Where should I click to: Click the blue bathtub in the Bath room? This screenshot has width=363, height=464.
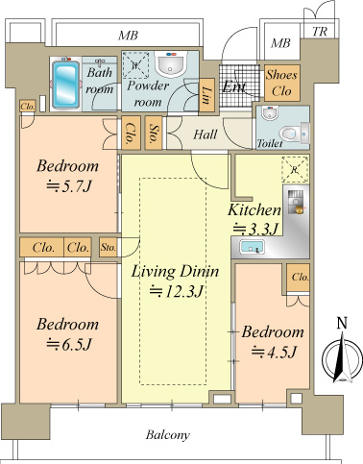click(65, 85)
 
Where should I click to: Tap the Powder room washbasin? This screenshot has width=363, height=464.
click(170, 64)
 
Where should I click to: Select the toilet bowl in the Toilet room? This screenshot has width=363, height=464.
click(290, 134)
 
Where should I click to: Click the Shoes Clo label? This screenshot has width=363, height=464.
click(281, 83)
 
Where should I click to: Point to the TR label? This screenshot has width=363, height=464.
click(320, 32)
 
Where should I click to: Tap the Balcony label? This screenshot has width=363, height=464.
click(168, 435)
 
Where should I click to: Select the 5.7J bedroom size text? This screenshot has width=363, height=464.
click(69, 186)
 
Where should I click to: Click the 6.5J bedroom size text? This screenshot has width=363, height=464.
click(69, 345)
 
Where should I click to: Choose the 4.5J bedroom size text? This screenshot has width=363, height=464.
click(274, 352)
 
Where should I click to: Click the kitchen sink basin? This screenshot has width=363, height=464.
click(252, 247)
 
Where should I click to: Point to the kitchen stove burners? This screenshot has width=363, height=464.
click(295, 202)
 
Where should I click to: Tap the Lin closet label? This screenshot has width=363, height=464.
click(206, 95)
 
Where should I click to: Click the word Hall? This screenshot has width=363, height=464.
click(206, 134)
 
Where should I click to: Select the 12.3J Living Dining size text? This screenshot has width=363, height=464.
click(177, 291)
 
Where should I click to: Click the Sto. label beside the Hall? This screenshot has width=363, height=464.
click(154, 133)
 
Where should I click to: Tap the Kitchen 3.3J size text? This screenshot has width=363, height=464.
click(255, 229)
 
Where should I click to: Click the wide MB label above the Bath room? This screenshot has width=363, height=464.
click(128, 36)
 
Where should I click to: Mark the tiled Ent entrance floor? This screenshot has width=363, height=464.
click(239, 85)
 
